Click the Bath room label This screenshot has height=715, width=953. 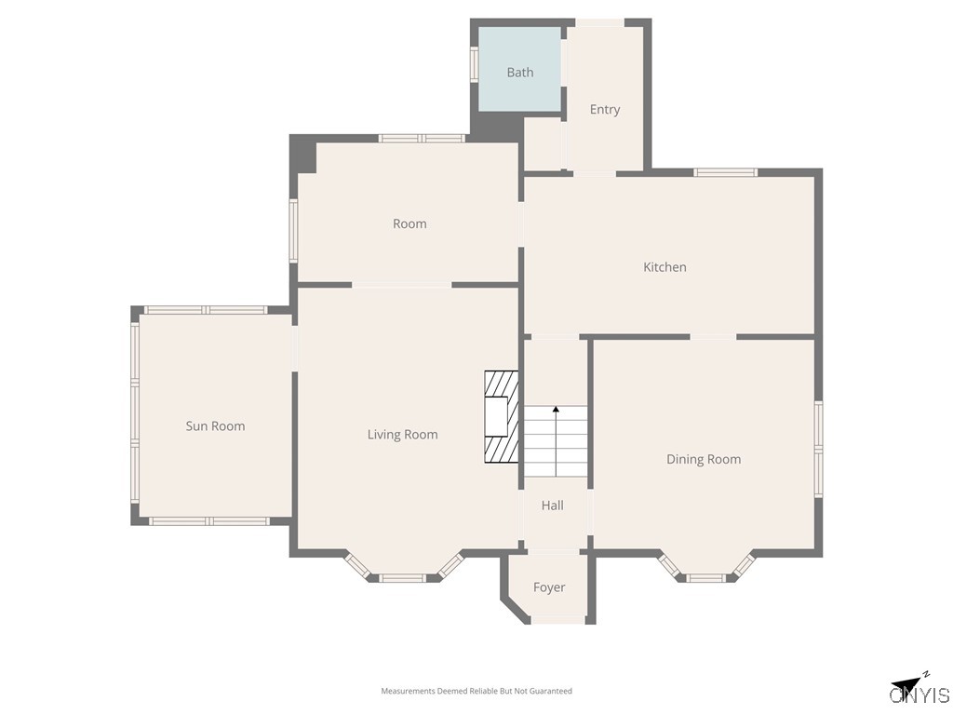(x=520, y=73)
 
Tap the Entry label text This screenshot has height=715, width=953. (x=605, y=110)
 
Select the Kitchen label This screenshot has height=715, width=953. (x=664, y=267)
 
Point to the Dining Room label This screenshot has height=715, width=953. (x=704, y=459)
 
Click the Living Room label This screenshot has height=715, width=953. (x=402, y=435)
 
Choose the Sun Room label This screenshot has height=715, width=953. (x=215, y=426)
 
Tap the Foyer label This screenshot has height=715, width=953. (x=549, y=587)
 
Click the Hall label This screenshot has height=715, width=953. (x=553, y=506)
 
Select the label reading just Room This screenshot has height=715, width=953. (x=409, y=223)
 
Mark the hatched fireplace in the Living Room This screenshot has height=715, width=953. (x=501, y=417)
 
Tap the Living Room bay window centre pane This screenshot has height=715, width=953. (x=403, y=578)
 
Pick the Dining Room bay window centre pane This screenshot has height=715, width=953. (x=705, y=578)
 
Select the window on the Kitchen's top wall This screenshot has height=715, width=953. (x=726, y=172)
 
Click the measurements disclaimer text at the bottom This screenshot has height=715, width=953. (x=476, y=691)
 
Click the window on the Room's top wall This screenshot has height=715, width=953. (x=422, y=139)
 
